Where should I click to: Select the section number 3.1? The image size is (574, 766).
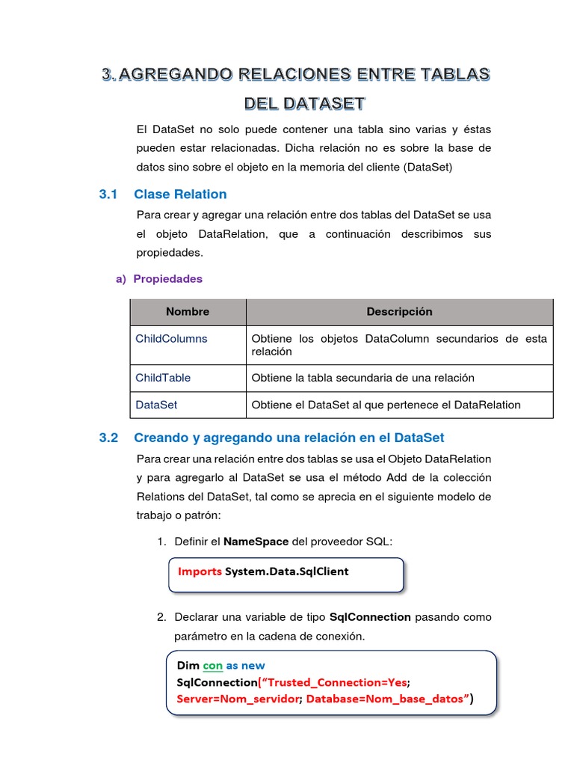tap(109, 194)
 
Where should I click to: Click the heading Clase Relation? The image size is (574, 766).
tap(180, 194)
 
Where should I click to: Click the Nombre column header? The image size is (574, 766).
tap(188, 312)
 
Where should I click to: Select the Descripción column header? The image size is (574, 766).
tap(399, 312)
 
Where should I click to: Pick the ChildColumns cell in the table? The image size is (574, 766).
tap(171, 339)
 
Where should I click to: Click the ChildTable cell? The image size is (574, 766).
tap(163, 378)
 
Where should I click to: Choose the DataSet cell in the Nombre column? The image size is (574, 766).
tap(156, 405)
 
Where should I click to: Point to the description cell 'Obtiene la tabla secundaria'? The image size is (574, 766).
tap(362, 378)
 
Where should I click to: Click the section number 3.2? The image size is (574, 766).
tap(109, 438)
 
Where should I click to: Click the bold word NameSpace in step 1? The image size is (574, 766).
tap(256, 541)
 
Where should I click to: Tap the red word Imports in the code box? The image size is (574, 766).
tap(200, 572)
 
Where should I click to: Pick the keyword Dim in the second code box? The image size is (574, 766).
tap(188, 665)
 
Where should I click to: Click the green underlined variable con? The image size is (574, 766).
tap(213, 665)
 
